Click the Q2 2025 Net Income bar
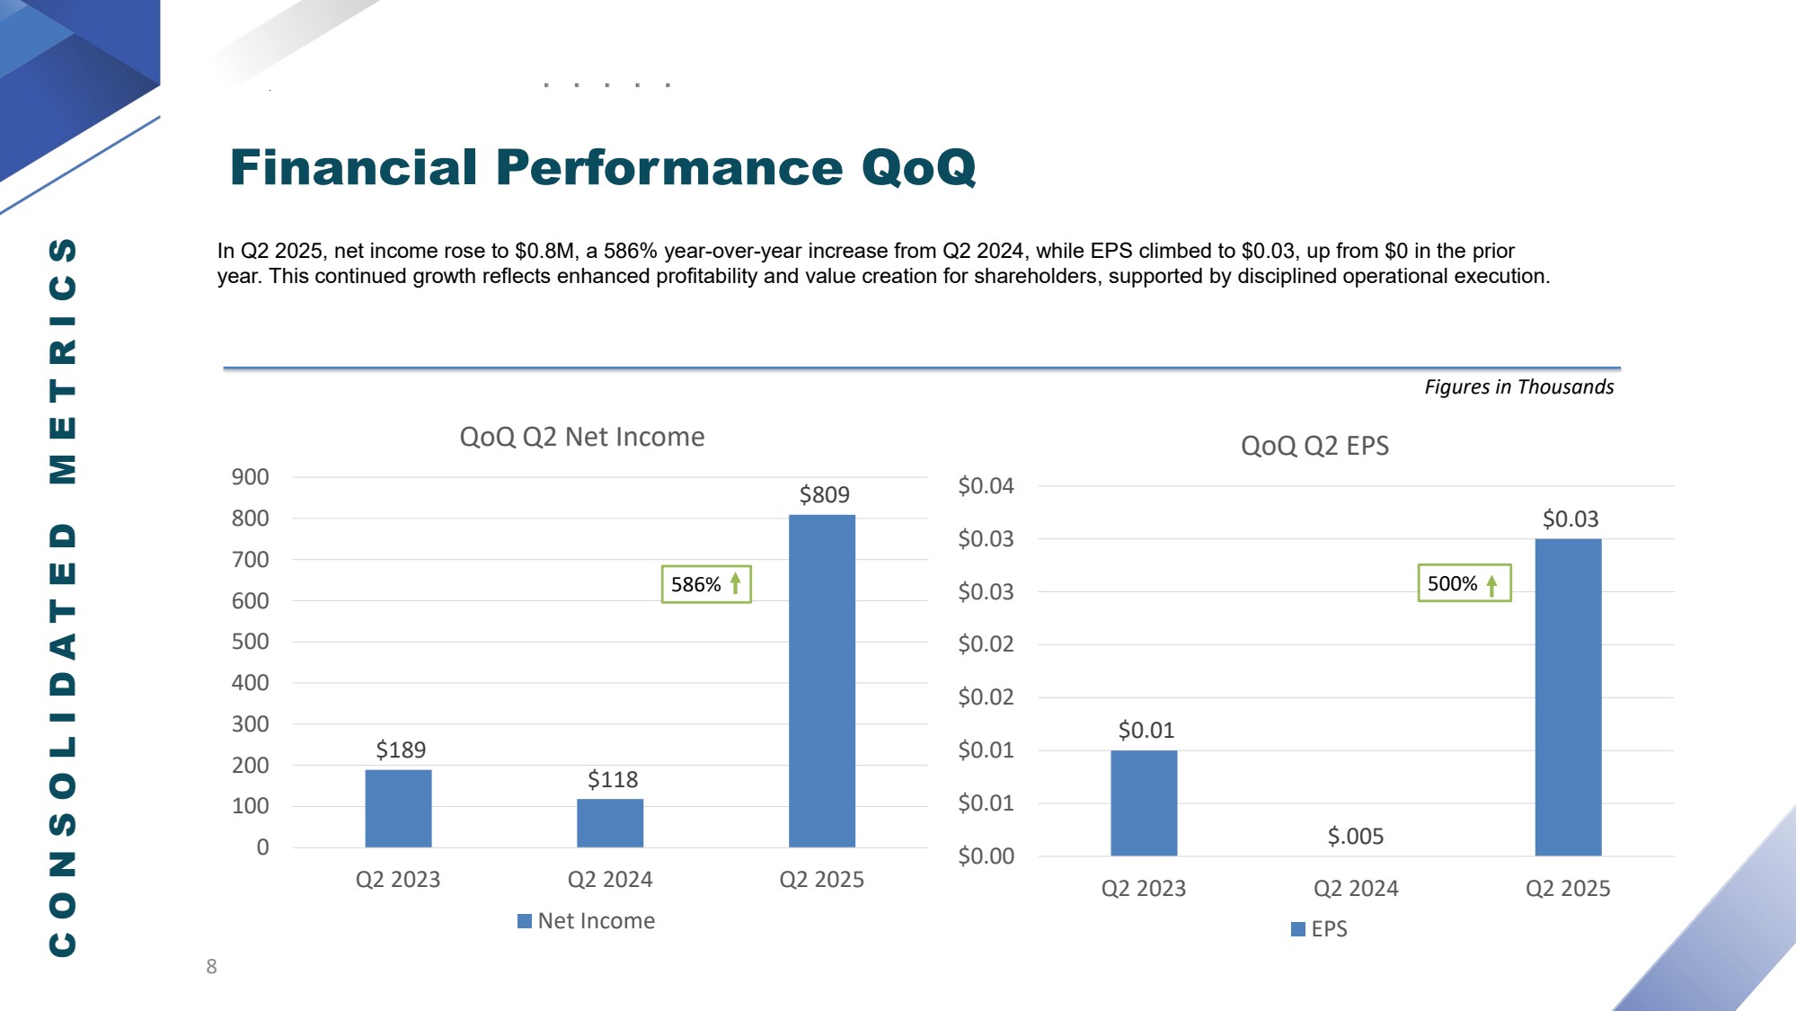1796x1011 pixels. [x=821, y=680]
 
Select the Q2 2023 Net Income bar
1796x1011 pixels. [x=398, y=808]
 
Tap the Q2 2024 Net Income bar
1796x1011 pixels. [x=610, y=822]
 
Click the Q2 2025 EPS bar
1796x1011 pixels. [x=1568, y=696]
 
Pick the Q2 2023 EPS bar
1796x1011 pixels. [x=1144, y=803]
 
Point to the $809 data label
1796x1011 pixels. [x=824, y=494]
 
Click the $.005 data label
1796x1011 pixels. [x=1356, y=837]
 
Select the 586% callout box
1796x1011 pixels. [x=705, y=584]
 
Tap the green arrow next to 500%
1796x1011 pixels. [x=1491, y=585]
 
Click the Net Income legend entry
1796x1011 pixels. [x=587, y=921]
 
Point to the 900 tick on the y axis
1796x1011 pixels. [x=250, y=477]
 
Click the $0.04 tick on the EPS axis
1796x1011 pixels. [x=986, y=486]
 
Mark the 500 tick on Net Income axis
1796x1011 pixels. [x=250, y=642]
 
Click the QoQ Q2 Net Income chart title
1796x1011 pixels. [x=581, y=437]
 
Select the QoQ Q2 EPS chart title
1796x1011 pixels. [x=1314, y=446]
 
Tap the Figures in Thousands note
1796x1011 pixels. [x=1518, y=387]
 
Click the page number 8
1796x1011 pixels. [x=211, y=967]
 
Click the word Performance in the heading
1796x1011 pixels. [x=669, y=167]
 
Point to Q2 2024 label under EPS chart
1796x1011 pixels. [x=1356, y=889]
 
